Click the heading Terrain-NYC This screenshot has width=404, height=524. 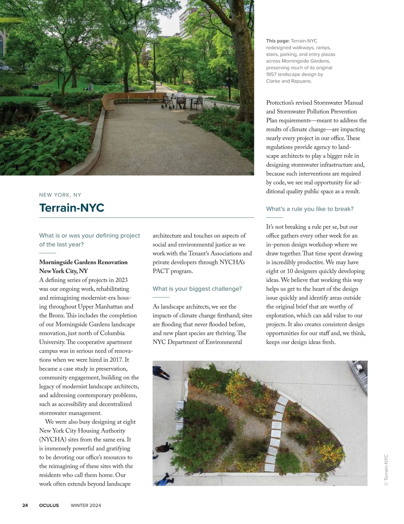click(72, 208)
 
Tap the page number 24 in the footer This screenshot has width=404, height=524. click(25, 505)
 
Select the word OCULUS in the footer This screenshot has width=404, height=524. click(49, 505)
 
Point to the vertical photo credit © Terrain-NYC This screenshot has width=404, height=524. click(386, 470)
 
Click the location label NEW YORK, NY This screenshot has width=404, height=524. click(60, 195)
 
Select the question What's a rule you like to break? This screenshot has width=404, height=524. click(310, 209)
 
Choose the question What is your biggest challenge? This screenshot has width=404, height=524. click(197, 289)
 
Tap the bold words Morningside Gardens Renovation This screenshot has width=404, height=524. click(83, 262)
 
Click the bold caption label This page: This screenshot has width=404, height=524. click(278, 41)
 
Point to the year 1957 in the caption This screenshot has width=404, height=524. click(271, 74)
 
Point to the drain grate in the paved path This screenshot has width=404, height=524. click(184, 122)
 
